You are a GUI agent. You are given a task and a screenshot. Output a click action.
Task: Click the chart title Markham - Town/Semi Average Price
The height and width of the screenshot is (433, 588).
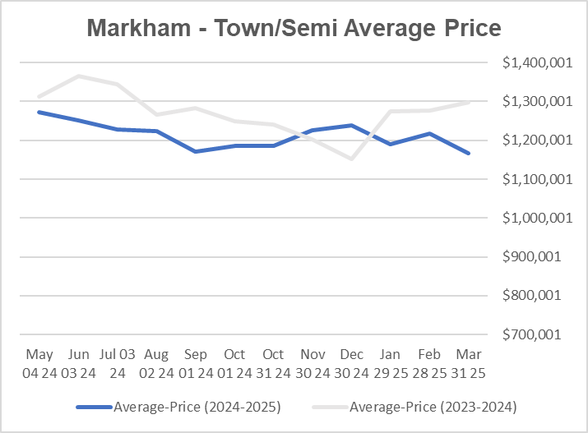[x=294, y=30]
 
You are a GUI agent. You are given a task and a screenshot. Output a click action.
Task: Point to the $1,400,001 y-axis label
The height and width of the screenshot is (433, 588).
[x=531, y=63]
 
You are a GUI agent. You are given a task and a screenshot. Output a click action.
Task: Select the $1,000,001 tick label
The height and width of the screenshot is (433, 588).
[x=531, y=218]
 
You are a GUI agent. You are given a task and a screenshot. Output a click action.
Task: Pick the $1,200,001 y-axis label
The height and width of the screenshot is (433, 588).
[x=531, y=140]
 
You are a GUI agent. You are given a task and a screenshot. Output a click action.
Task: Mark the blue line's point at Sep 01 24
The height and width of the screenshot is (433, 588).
[x=195, y=151]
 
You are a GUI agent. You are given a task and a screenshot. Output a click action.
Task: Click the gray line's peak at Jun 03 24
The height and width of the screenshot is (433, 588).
[x=78, y=76]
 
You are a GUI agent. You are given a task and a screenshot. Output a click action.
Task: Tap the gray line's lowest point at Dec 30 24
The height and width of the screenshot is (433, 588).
[x=351, y=159]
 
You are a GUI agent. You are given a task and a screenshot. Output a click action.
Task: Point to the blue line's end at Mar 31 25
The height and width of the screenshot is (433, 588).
[x=469, y=153]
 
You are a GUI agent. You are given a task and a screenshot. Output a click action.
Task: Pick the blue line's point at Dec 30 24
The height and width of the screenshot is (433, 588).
[x=351, y=126]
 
